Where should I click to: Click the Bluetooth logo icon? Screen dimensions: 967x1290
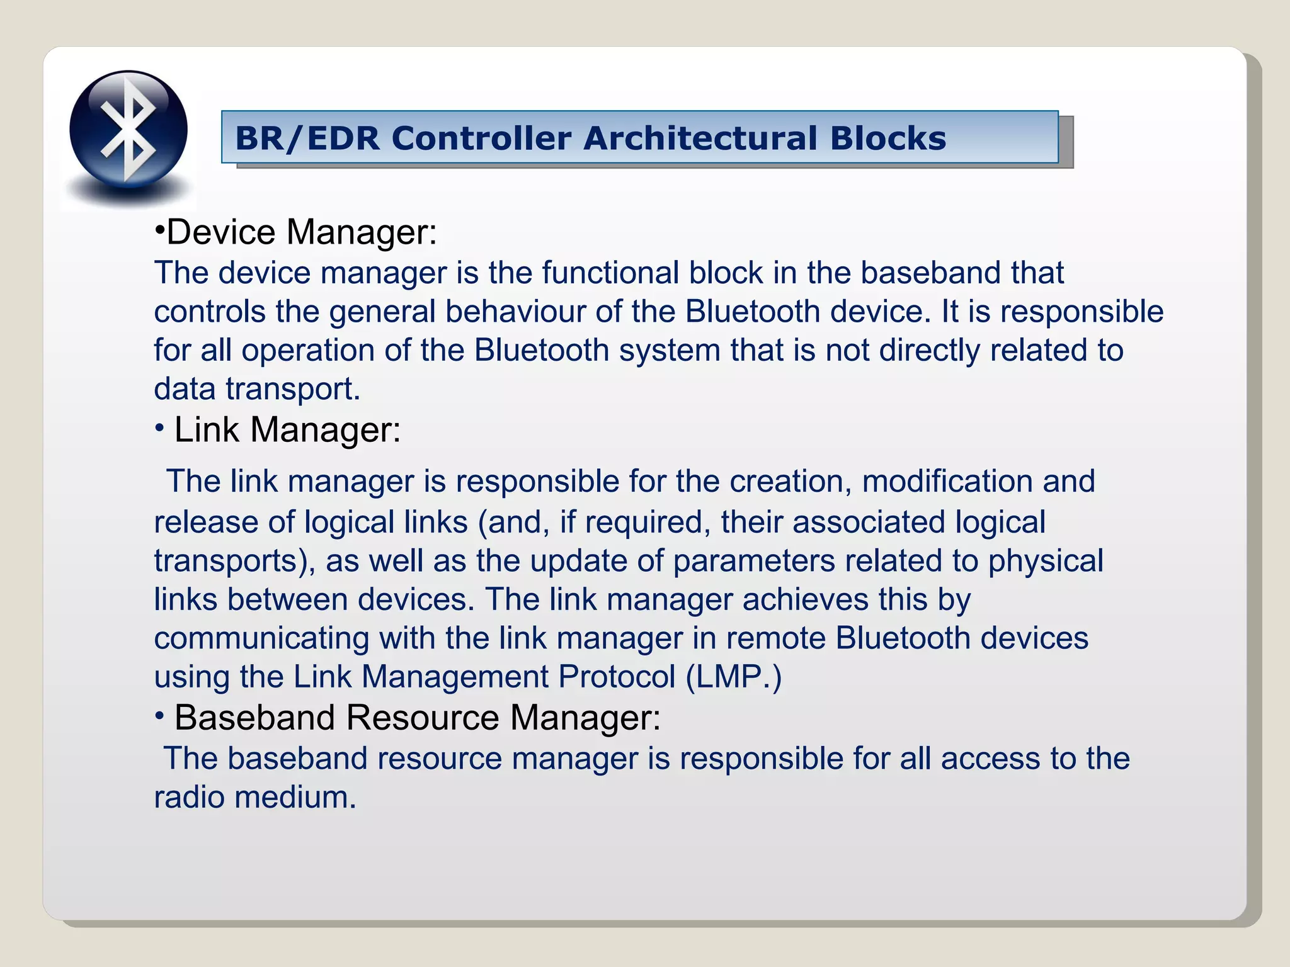point(128,130)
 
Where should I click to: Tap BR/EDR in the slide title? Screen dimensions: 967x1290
point(307,138)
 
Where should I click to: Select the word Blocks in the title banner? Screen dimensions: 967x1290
point(888,138)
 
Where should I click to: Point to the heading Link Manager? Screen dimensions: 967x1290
point(287,430)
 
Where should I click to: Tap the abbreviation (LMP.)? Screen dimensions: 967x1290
point(734,677)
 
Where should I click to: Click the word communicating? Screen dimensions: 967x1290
point(261,638)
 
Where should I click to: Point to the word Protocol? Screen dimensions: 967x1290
point(617,677)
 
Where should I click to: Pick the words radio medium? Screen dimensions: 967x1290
point(255,797)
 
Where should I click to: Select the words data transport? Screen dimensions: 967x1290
point(257,389)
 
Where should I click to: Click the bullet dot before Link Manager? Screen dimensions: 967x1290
point(160,429)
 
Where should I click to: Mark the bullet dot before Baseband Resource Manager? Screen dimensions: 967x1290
point(160,716)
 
